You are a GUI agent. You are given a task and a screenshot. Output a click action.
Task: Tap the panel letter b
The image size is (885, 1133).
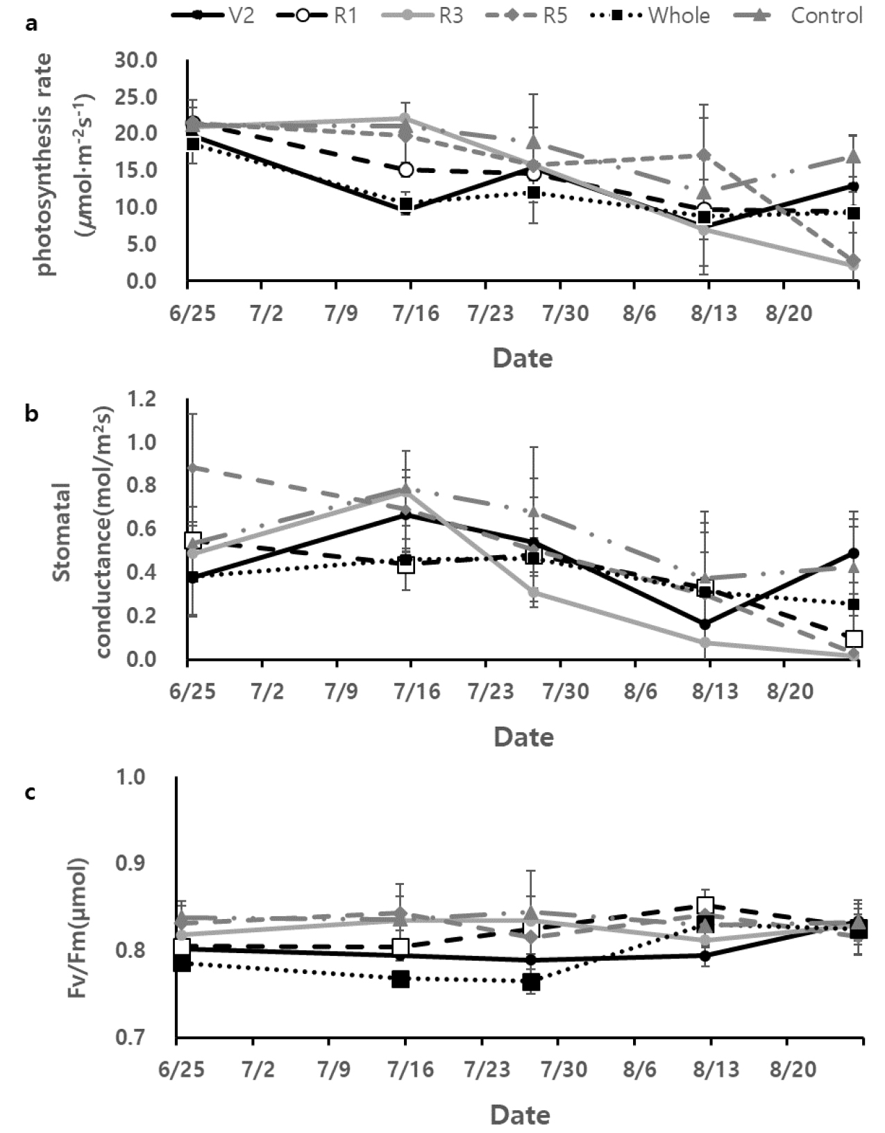(x=31, y=414)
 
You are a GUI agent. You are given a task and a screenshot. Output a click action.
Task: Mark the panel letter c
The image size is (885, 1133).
(x=31, y=792)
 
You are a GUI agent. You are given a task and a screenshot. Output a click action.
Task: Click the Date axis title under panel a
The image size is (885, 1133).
(x=523, y=358)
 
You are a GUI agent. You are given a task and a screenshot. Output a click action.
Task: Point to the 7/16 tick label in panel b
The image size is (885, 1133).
(x=411, y=692)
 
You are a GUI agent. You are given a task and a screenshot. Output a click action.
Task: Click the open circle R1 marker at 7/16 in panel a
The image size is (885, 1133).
(x=406, y=169)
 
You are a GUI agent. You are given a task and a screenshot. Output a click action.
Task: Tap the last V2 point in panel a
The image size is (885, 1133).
(x=854, y=186)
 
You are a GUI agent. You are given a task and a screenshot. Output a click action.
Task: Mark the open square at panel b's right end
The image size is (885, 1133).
(x=854, y=638)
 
